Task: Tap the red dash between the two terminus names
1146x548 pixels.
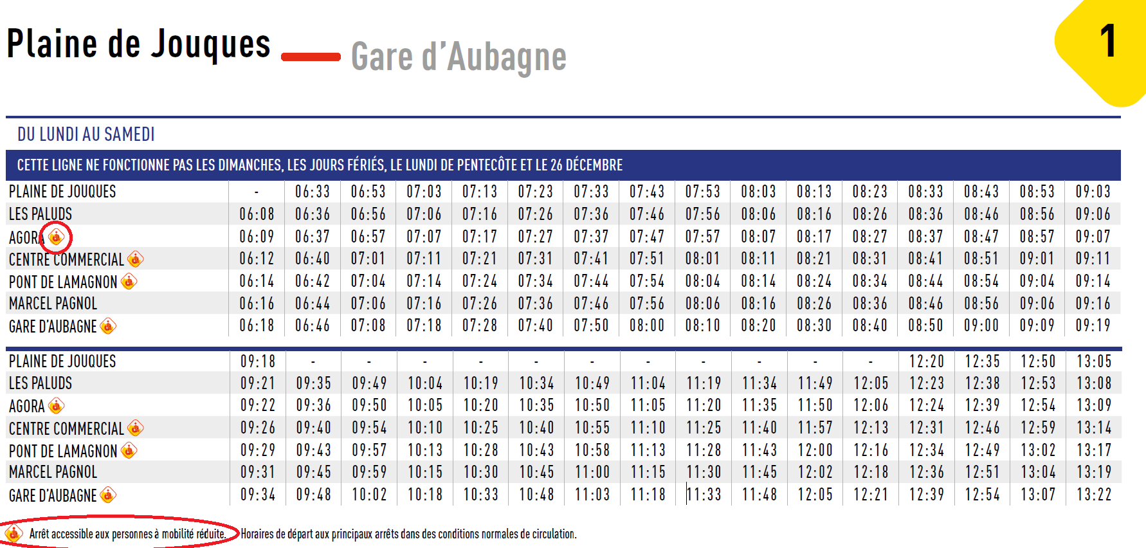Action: click(x=311, y=57)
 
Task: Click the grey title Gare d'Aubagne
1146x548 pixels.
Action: click(x=459, y=57)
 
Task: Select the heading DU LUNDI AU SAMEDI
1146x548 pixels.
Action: click(x=86, y=134)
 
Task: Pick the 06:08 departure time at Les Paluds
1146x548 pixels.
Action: click(x=257, y=214)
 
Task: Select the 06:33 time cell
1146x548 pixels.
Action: click(x=313, y=192)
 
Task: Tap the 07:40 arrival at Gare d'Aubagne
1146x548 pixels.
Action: click(x=536, y=325)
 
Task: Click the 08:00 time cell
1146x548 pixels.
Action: click(x=647, y=325)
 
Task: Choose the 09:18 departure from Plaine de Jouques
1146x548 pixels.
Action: click(x=258, y=361)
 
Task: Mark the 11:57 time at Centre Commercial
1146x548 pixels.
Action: click(x=815, y=428)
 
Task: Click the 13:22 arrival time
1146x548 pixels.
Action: click(x=1094, y=495)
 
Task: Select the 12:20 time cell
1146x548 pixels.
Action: click(x=927, y=361)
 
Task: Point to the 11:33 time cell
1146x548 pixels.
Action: click(x=704, y=495)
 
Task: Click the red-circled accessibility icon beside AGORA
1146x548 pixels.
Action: click(x=56, y=237)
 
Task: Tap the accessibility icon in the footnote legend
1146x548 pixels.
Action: click(x=14, y=534)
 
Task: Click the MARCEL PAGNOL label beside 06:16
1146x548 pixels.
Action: click(x=53, y=304)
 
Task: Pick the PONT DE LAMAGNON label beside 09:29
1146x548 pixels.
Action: click(x=63, y=451)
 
